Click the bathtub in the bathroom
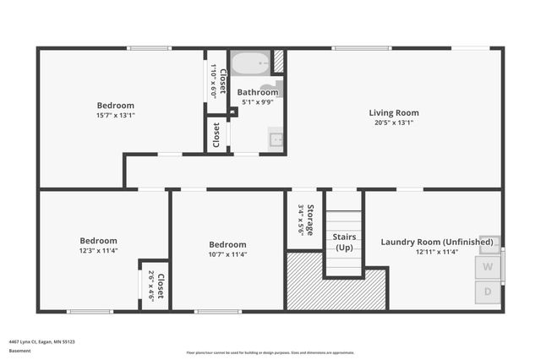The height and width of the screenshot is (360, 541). pos(250,63)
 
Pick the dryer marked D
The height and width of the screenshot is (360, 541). pos(488,292)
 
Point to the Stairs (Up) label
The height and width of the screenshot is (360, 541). pos(343,242)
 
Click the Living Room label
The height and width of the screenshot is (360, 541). pos(393,112)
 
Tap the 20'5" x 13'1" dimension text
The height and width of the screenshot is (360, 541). pos(393,123)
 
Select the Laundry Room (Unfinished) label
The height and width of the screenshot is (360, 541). pos(436,242)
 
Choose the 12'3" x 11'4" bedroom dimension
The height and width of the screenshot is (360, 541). pos(98,250)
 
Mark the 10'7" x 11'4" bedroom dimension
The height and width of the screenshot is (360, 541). pos(227,254)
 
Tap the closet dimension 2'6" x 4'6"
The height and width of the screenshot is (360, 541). pos(150,286)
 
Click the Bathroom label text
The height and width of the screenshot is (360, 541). pos(257,92)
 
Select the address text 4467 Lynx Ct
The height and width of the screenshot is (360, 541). pos(41,341)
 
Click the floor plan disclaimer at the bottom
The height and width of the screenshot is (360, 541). pos(270,352)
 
